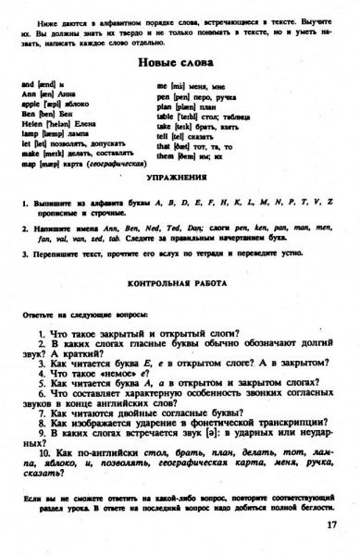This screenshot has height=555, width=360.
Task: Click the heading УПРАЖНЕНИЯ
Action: pyautogui.click(x=179, y=175)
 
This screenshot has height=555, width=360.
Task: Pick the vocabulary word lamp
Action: pyautogui.click(x=29, y=134)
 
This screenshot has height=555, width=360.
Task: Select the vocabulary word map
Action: pyautogui.click(x=28, y=154)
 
